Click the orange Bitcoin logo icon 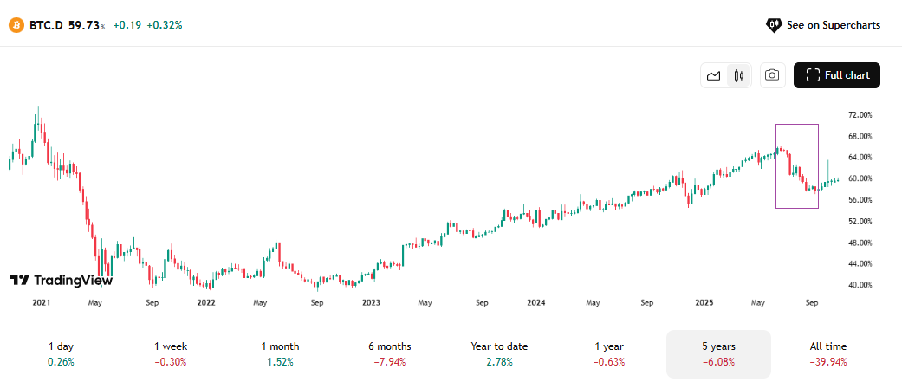click(16, 25)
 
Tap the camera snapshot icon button click(773, 75)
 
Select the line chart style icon click(714, 75)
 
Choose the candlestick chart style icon click(738, 75)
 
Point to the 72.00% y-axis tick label click(860, 114)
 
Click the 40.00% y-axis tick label click(860, 285)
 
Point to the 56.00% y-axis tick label click(860, 200)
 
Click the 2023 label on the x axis click(371, 303)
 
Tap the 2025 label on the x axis click(704, 303)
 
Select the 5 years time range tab click(718, 353)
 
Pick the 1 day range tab click(61, 353)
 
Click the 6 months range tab click(389, 353)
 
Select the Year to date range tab click(499, 353)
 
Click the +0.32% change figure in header click(165, 25)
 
